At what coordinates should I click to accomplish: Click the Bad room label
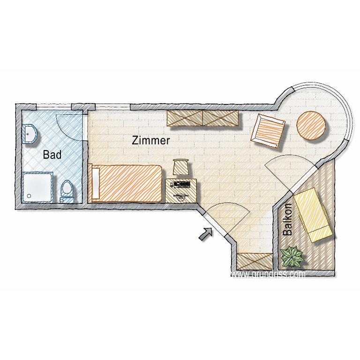point(52,155)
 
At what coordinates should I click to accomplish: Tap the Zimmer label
point(151,140)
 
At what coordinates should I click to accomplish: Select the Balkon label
point(287,220)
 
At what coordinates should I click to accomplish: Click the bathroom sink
point(30,134)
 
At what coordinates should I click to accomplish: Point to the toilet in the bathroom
point(67,191)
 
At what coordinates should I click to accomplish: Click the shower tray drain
point(29,196)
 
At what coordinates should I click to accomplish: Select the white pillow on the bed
point(96,183)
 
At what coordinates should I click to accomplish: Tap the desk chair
point(180,167)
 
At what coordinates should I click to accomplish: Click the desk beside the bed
point(181,191)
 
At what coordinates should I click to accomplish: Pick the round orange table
point(311,125)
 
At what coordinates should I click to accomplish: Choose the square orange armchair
point(268,131)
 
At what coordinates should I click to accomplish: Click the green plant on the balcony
point(292,256)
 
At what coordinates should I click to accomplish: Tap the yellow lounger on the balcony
point(313,215)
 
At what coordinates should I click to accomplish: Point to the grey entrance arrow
point(205,234)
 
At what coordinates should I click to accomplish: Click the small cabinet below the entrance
point(254,261)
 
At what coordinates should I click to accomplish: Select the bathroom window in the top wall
point(54,106)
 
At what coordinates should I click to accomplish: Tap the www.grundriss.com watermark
point(268,274)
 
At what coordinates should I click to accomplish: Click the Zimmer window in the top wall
point(112,106)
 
